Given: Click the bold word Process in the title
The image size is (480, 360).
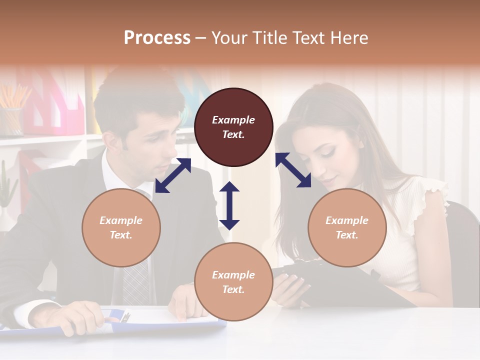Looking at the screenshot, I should click(157, 38).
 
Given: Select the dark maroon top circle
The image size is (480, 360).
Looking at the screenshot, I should click(233, 127).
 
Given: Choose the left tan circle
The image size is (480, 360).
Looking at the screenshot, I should click(121, 227).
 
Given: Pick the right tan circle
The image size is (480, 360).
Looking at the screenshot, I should click(347, 227).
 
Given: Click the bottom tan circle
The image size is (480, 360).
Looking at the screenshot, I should click(233, 282).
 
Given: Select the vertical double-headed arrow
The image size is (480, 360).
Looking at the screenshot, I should click(229, 205).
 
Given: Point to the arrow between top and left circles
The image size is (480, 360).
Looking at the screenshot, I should click(173, 175).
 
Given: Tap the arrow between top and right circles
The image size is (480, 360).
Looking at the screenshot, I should click(293, 170).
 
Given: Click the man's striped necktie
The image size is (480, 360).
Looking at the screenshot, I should click(136, 282).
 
